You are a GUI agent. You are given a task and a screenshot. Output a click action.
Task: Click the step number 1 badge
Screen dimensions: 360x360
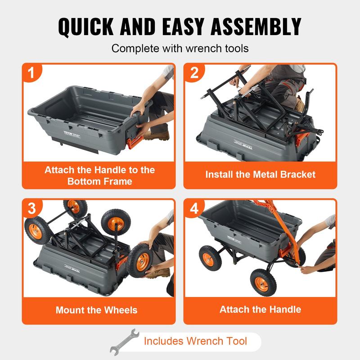[32, 73]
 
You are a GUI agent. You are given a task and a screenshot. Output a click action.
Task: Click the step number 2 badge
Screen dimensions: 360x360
[194, 73]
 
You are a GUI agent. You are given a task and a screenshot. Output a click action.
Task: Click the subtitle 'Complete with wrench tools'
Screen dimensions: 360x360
[180, 48]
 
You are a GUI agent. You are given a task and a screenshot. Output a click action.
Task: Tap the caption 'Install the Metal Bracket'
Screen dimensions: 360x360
[261, 174]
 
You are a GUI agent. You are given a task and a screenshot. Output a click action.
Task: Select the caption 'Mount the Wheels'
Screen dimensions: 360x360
[97, 310]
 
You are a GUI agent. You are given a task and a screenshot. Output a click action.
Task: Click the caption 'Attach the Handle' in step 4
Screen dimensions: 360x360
[261, 310]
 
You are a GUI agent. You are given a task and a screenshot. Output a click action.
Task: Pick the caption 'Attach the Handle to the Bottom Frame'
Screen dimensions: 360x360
[99, 175]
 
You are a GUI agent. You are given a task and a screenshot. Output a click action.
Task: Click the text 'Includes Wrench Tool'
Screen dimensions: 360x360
[195, 341]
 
